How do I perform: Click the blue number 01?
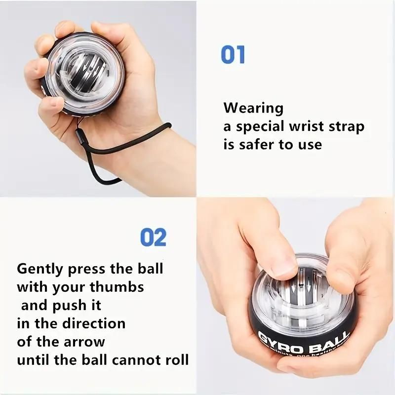point(233,54)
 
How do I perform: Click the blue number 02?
point(154,237)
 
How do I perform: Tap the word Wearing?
point(253,108)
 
